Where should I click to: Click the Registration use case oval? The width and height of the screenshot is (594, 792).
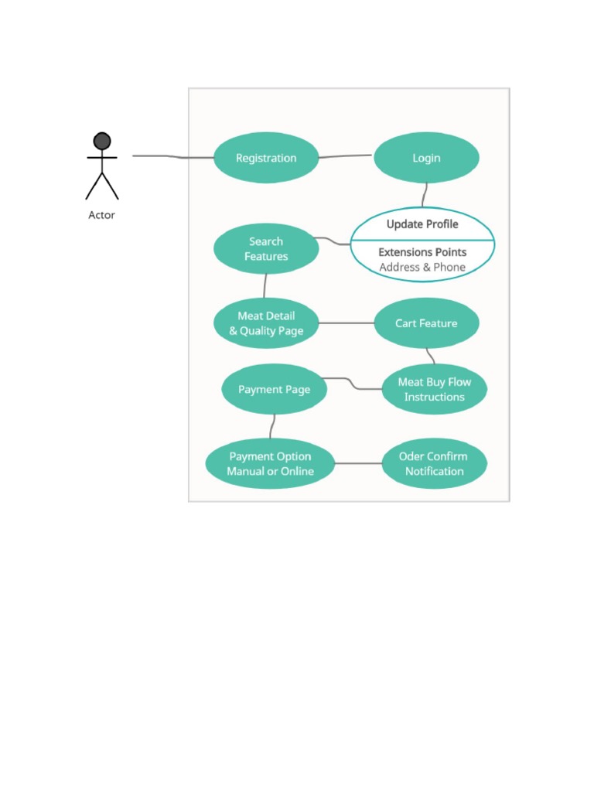pyautogui.click(x=266, y=158)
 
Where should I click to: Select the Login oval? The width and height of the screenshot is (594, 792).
pyautogui.click(x=426, y=158)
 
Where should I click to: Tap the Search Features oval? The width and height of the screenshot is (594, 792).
pyautogui.click(x=266, y=248)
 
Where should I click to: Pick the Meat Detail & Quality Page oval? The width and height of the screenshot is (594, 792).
pyautogui.click(x=266, y=323)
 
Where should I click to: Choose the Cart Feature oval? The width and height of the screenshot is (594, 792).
pyautogui.click(x=426, y=323)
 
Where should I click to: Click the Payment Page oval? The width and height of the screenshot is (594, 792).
pyautogui.click(x=275, y=390)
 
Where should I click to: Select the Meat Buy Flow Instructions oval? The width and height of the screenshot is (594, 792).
pyautogui.click(x=435, y=390)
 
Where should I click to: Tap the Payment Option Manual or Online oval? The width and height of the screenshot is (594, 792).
pyautogui.click(x=270, y=464)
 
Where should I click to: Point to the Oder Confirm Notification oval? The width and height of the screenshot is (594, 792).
pyautogui.click(x=435, y=464)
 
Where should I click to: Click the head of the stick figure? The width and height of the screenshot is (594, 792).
pyautogui.click(x=102, y=141)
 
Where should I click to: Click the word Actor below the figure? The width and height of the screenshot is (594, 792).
pyautogui.click(x=101, y=215)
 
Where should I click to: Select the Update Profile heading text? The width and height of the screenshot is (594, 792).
pyautogui.click(x=422, y=224)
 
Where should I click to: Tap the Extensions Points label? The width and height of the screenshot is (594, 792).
pyautogui.click(x=422, y=252)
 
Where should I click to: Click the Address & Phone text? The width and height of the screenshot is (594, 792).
pyautogui.click(x=422, y=267)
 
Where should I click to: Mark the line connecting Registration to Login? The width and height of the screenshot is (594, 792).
pyautogui.click(x=346, y=156)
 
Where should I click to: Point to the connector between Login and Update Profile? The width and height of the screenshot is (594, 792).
pyautogui.click(x=425, y=195)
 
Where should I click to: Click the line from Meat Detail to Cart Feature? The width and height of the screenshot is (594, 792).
pyautogui.click(x=346, y=323)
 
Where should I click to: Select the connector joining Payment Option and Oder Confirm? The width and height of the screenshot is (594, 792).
pyautogui.click(x=359, y=464)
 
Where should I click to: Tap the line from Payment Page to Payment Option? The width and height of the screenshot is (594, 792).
pyautogui.click(x=273, y=427)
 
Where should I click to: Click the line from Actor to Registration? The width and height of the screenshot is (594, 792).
pyautogui.click(x=173, y=157)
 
